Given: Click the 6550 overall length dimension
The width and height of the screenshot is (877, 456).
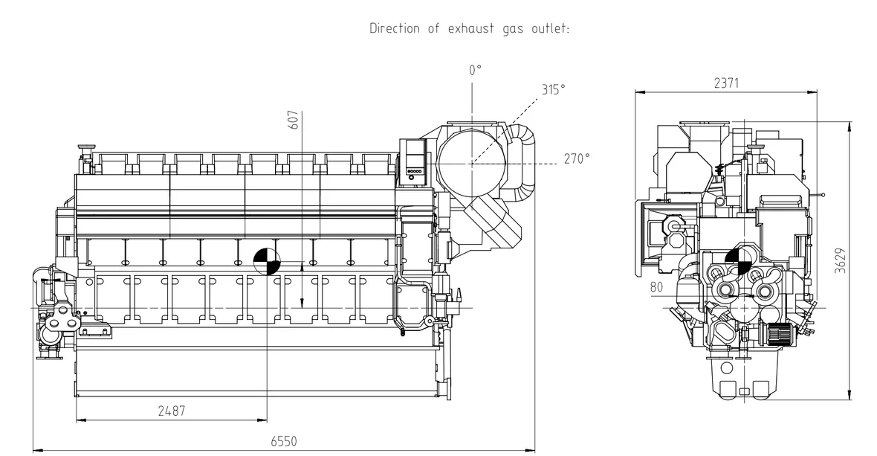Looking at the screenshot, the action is coord(284,441).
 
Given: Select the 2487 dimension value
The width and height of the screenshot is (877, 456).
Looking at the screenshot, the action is coord(171,411).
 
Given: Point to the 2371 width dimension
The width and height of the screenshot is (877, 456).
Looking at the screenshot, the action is coord(726,83).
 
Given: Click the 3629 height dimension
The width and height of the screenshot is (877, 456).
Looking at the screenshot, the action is coord(840,261).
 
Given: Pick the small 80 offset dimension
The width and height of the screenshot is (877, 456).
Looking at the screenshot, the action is coord(656,287).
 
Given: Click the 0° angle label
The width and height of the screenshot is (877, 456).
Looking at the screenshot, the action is coord(475,70).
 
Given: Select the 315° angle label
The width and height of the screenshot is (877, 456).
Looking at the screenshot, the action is coord(553,89).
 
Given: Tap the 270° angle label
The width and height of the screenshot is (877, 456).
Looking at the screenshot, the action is coord(576,159).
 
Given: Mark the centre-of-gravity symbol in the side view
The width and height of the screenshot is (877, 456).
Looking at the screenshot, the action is coord(267,262).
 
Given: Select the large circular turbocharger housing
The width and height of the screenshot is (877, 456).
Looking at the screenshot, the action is coord(471,163).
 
